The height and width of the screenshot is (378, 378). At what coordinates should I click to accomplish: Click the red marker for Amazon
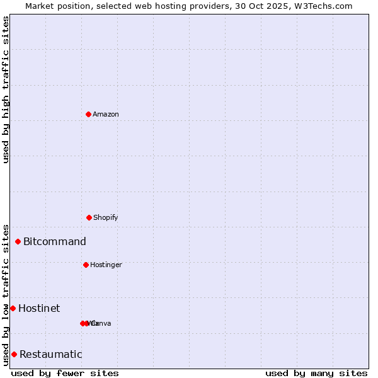[88, 114]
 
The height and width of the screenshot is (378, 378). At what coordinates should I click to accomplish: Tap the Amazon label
[106, 114]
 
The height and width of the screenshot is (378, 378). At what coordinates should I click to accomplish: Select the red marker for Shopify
[89, 217]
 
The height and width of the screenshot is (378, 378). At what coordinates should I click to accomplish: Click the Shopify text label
[106, 217]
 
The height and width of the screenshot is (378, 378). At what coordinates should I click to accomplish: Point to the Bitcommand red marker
[18, 241]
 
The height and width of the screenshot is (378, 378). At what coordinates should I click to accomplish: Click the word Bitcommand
[55, 241]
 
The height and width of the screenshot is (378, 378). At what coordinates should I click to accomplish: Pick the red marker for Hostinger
[86, 265]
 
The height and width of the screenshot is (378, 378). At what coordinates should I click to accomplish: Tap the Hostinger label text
[106, 265]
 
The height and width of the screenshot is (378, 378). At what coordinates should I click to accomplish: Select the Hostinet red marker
[13, 308]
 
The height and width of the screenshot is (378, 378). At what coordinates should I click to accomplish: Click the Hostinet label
[39, 308]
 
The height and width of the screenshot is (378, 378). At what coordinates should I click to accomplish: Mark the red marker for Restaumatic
[14, 354]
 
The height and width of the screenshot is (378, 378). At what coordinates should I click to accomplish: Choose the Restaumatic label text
[50, 354]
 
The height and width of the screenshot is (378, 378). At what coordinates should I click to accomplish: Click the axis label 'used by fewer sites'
[65, 373]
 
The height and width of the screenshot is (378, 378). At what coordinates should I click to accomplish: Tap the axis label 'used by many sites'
[316, 373]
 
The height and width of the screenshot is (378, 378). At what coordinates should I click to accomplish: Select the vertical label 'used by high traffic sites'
[6, 89]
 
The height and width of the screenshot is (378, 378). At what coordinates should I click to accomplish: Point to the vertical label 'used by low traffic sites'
[6, 294]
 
